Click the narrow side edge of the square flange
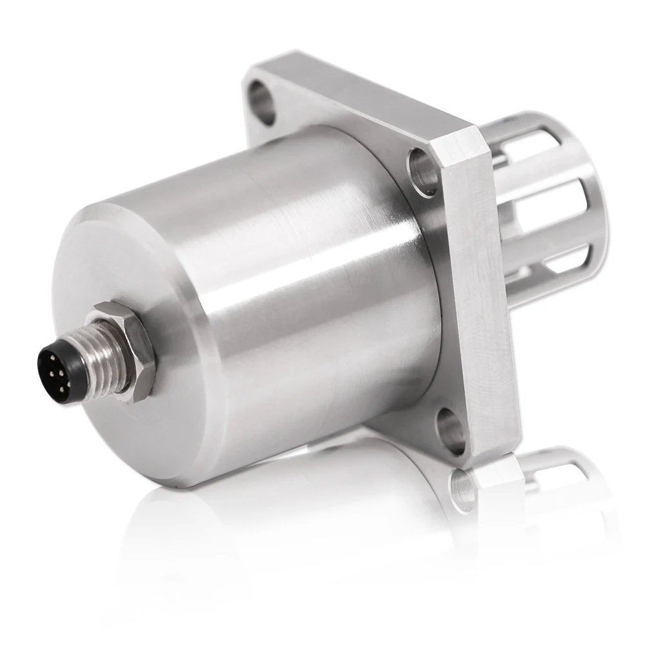point(481,290)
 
